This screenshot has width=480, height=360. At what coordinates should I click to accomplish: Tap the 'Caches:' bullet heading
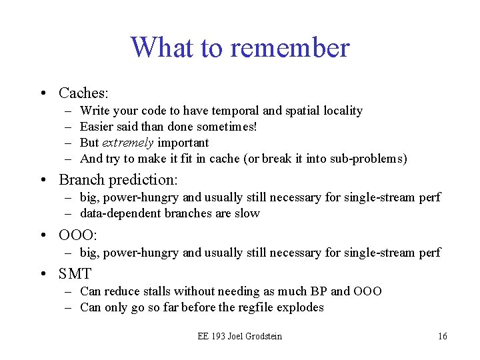(x=83, y=93)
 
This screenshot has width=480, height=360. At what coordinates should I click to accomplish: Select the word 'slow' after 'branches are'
(x=247, y=213)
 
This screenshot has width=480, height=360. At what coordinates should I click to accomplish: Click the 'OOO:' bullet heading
(x=78, y=235)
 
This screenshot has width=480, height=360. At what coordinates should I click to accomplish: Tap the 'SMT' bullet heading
(x=75, y=273)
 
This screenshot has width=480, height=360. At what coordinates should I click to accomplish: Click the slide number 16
(x=443, y=336)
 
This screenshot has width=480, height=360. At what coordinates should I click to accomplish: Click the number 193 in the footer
(x=216, y=336)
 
